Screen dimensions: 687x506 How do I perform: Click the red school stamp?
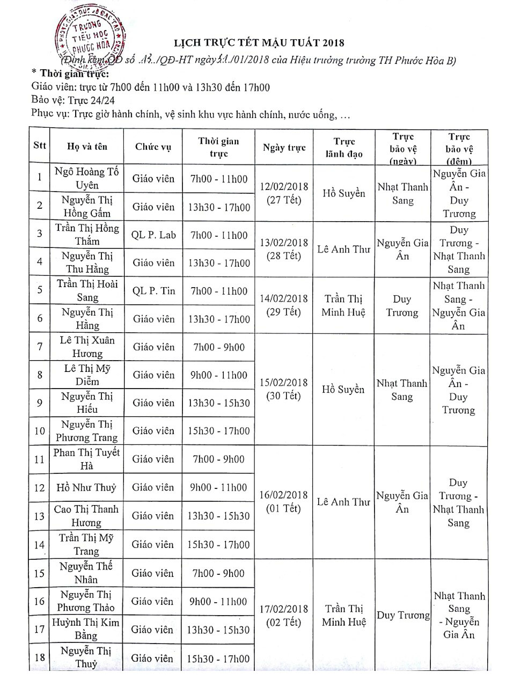[90, 36]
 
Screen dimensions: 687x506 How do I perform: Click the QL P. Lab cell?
[153, 235]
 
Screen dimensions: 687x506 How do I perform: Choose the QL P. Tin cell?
[153, 291]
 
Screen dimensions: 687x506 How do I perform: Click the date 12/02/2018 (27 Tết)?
[284, 193]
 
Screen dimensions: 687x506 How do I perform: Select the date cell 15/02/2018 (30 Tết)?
[284, 389]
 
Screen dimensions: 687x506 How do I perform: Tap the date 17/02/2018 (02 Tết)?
[284, 616]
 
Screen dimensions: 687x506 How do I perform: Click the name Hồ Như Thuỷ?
[87, 488]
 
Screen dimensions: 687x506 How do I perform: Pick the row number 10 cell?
[39, 431]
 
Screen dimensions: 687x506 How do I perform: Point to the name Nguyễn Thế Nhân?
[87, 573]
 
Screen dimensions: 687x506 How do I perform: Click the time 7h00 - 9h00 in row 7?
[219, 347]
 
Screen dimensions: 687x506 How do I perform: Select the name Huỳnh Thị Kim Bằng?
[87, 629]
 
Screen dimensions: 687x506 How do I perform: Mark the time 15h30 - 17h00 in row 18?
[219, 658]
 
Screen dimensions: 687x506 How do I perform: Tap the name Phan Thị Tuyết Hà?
[87, 459]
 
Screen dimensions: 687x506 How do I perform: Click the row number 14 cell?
[39, 545]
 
